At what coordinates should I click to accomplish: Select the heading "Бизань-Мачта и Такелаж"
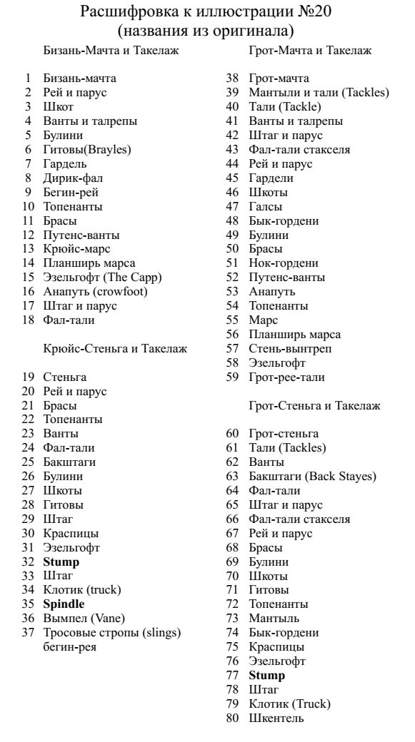pos(111,51)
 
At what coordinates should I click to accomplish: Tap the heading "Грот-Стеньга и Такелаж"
pos(314,406)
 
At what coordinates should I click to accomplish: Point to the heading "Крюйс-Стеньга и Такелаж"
pos(115,349)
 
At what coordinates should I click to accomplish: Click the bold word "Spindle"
pos(64,604)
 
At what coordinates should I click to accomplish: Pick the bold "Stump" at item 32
pos(61,562)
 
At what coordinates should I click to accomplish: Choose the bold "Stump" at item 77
pos(266,676)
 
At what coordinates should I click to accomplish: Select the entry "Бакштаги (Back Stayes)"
pos(312,477)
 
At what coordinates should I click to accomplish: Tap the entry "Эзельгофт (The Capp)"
pos(102,278)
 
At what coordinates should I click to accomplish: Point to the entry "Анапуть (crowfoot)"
pos(95,292)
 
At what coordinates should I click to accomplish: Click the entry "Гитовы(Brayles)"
pos(87,150)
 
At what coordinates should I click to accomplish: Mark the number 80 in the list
pos(232,718)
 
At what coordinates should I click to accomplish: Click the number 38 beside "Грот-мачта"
pos(232,78)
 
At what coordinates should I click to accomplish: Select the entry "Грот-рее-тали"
pos(286,377)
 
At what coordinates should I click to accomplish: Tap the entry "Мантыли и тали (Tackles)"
pos(319,93)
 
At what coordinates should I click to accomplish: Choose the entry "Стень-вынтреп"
pos(290,349)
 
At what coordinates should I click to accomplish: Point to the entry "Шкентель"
pos(276,718)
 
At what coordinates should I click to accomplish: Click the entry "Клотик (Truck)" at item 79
pos(289,704)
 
